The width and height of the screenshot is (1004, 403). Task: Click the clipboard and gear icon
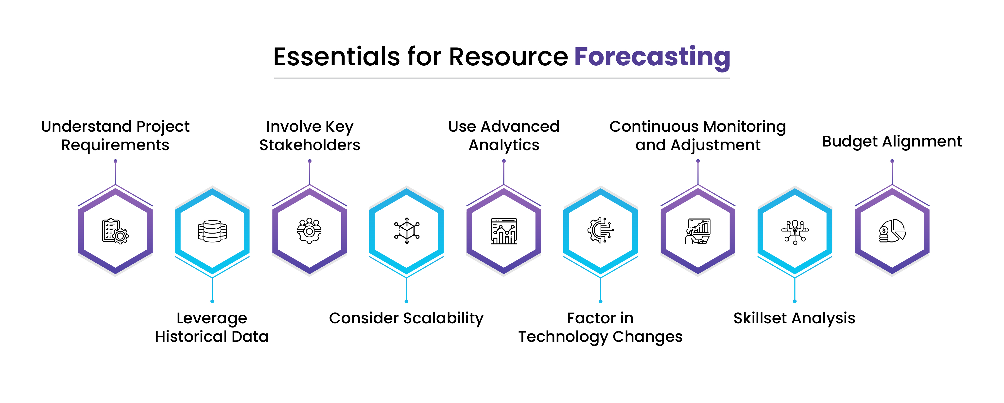coord(115,231)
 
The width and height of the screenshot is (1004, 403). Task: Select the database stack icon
coord(212,231)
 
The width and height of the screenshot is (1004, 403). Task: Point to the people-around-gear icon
coord(310,231)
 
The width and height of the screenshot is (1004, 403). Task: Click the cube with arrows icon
coord(407,231)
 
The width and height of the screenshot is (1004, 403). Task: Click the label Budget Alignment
coord(892,142)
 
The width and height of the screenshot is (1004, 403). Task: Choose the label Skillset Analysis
coord(794,318)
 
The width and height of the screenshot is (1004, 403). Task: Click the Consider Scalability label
coord(406,318)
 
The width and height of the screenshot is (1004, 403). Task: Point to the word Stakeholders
coord(310,145)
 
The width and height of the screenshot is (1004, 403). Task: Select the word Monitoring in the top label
coord(744,127)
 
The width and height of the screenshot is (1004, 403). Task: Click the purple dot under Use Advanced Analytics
coord(503,161)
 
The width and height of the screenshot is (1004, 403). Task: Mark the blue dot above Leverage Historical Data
coord(212,301)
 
